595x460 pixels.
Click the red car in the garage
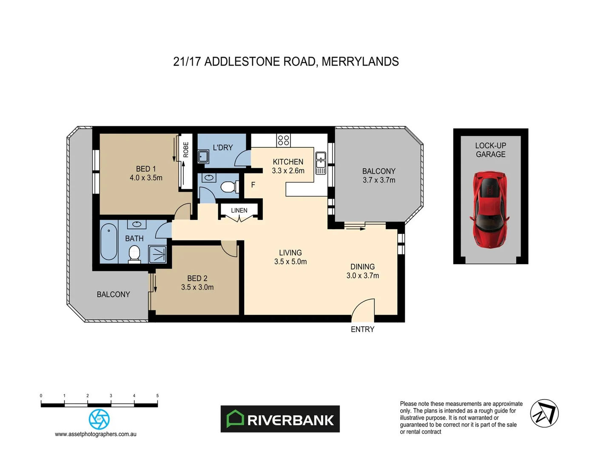point(490,209)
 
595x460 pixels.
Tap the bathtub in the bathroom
point(108,242)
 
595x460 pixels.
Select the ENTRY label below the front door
point(362,329)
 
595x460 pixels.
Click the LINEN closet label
point(239,210)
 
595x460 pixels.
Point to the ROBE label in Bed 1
point(186,149)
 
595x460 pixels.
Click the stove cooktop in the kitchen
point(283,140)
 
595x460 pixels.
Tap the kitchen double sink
point(321,164)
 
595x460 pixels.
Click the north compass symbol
point(544,413)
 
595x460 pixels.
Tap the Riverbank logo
point(280,419)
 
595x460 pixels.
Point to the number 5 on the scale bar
point(157,396)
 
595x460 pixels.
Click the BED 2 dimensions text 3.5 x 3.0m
point(197,287)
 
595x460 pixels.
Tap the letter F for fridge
point(253,185)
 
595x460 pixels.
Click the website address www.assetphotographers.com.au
point(96,434)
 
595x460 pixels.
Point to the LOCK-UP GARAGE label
point(490,150)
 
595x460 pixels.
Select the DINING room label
point(362,267)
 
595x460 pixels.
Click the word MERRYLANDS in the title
point(360,62)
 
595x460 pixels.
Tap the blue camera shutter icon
point(99,419)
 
